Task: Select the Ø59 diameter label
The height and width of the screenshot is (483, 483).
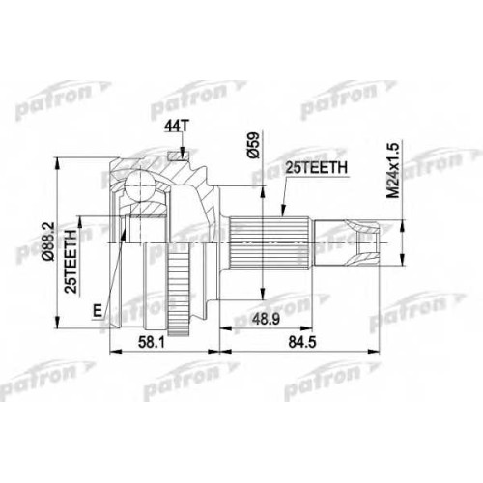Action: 254,145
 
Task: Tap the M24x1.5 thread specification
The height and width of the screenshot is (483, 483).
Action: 393,170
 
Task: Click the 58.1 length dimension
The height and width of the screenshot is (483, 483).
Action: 151,342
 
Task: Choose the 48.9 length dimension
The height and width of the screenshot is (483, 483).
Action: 266,320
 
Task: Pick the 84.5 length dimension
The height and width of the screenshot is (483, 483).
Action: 302,342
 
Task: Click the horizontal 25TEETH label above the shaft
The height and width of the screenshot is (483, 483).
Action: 317,167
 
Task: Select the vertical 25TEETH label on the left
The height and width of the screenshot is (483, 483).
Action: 71,262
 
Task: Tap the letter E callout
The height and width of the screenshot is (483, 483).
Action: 97,311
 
